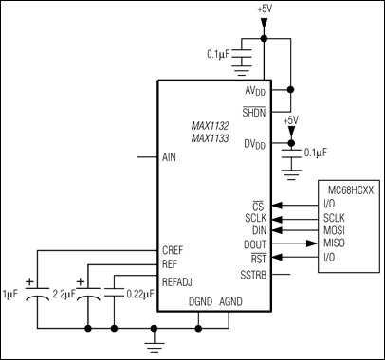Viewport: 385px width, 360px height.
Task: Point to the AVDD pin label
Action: click(254, 91)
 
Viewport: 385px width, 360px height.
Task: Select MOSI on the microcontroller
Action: click(336, 230)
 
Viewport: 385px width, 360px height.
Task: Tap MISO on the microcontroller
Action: click(336, 243)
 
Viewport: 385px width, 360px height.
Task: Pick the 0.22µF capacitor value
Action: click(140, 292)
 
